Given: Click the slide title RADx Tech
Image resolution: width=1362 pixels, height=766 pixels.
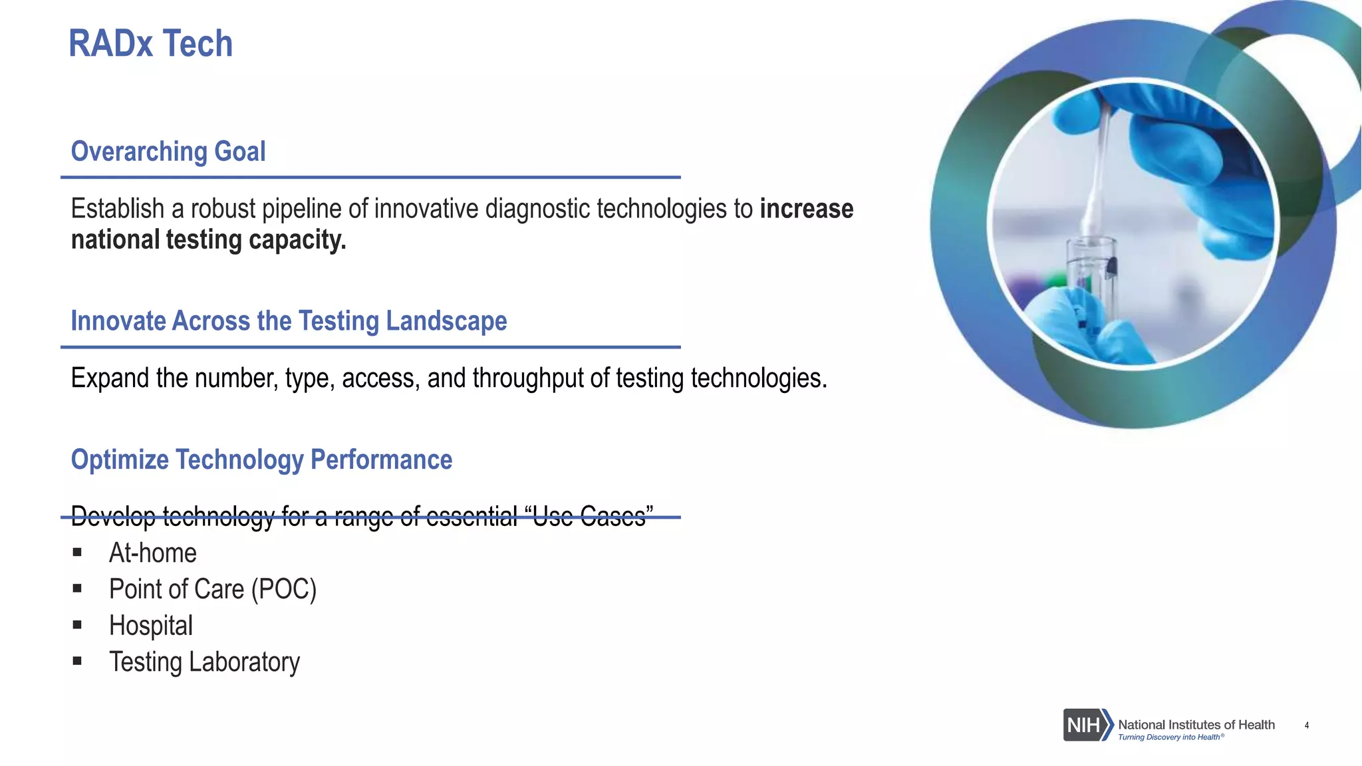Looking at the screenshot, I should (150, 44).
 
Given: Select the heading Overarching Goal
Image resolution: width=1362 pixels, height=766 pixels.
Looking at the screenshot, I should (168, 152).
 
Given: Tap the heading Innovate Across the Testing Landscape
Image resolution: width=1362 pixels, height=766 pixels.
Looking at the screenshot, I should (289, 321).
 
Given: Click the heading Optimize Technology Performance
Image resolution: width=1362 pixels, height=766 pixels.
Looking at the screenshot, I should (261, 460).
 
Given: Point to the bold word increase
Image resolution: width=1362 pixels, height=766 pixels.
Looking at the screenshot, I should (806, 209).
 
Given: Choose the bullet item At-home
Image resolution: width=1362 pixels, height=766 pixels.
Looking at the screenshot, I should (153, 553).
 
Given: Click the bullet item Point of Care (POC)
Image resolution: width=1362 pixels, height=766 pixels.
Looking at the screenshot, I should (213, 590).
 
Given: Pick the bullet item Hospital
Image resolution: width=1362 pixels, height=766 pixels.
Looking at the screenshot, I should (151, 626).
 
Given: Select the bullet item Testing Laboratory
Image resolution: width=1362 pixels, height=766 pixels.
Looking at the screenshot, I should (204, 662).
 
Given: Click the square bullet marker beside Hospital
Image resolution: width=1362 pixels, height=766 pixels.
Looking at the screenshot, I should (77, 625).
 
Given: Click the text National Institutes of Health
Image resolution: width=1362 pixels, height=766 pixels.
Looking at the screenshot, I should (1196, 724).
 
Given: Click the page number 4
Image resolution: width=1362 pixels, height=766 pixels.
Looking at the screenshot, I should (1307, 725).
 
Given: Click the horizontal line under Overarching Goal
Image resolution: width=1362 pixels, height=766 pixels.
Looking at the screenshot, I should (370, 178).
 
